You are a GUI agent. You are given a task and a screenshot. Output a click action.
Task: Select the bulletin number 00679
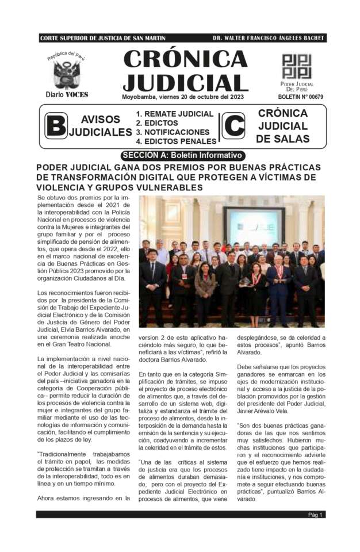click(305, 97)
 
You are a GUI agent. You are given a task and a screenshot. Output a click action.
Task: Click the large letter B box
click(56, 126)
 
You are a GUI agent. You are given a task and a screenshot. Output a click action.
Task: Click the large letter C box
click(233, 126)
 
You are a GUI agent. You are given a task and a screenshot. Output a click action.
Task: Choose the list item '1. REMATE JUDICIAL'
click(174, 114)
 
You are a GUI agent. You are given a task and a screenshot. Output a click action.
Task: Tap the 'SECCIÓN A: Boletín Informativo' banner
click(182, 155)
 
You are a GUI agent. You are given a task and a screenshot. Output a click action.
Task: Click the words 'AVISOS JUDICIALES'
click(100, 126)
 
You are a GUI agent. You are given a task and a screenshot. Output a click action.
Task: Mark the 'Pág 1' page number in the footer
click(316, 515)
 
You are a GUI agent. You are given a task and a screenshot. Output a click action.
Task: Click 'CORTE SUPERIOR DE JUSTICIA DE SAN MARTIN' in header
click(103, 39)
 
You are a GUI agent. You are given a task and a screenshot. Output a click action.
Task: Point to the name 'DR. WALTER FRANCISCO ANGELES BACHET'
click(267, 39)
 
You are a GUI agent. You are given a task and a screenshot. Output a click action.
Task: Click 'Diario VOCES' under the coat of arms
click(67, 95)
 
